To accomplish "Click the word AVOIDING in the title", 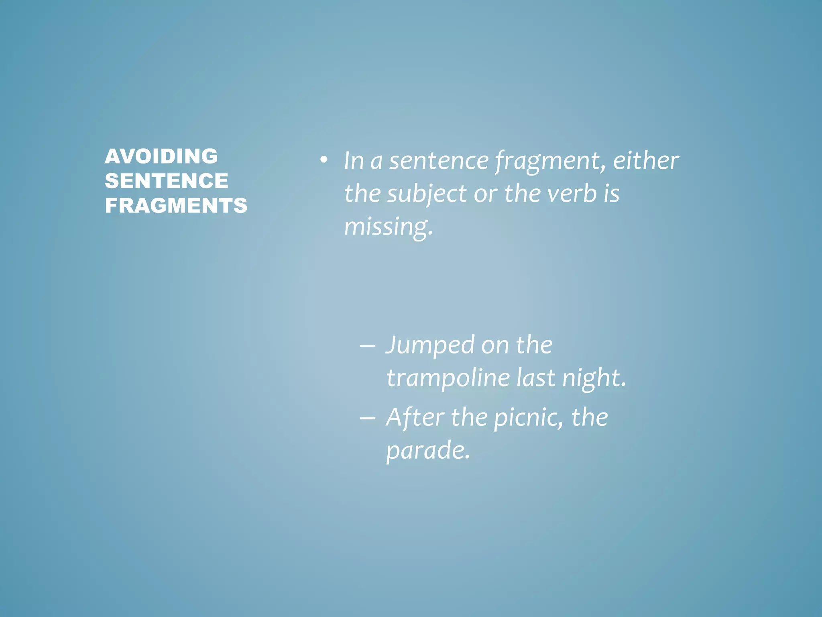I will click(x=161, y=156).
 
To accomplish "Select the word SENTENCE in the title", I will click(x=166, y=181).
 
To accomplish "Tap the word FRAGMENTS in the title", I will click(x=176, y=205).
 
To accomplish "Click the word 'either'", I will click(x=646, y=161).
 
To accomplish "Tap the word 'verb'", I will click(x=572, y=194).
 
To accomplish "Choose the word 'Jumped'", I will click(x=429, y=345).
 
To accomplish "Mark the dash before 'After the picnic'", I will click(x=367, y=418).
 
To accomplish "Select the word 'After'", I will click(x=415, y=417).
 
